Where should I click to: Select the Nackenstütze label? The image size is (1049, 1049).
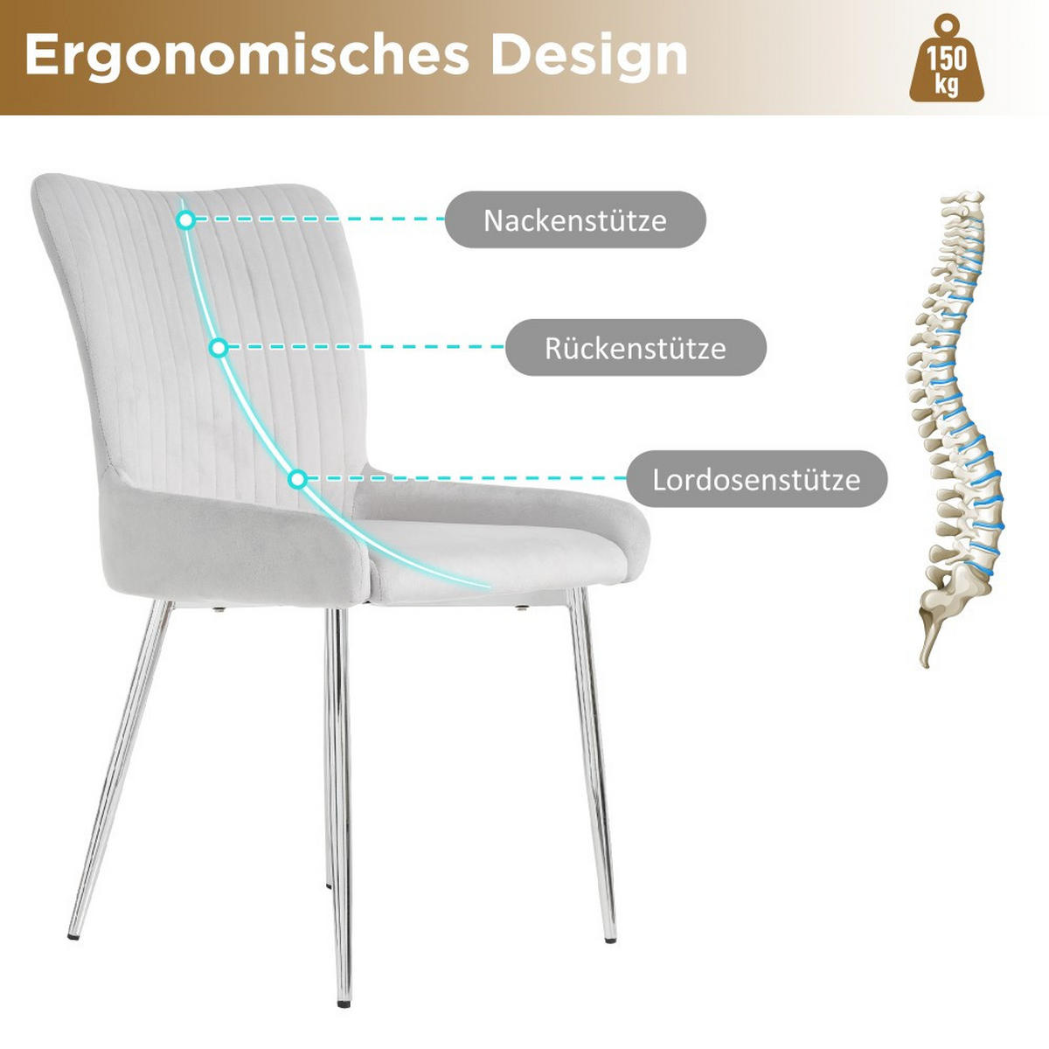click(575, 220)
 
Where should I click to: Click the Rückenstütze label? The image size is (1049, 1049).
click(636, 348)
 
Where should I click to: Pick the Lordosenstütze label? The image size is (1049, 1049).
click(757, 479)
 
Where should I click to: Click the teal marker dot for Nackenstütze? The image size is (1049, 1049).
click(186, 220)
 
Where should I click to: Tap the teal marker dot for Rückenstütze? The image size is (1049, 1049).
click(219, 347)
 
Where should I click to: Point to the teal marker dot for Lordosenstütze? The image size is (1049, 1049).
click(297, 479)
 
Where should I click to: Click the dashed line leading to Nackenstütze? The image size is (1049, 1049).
click(321, 219)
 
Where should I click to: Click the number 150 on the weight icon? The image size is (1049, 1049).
click(948, 59)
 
